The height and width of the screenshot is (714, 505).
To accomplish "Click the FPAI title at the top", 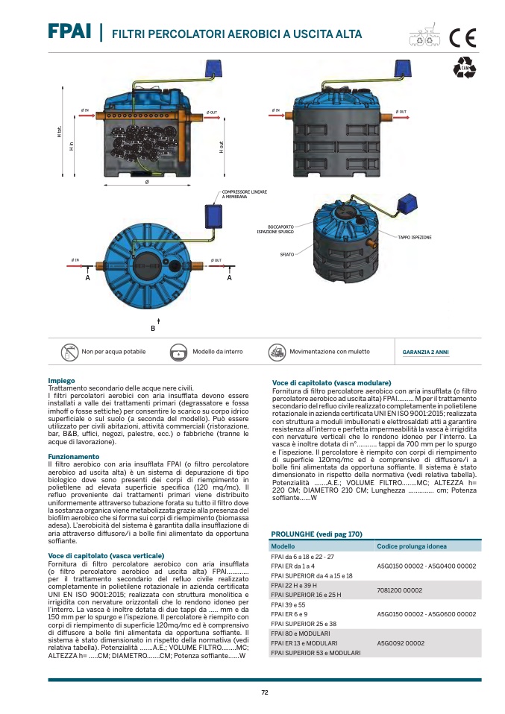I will coord(70,32).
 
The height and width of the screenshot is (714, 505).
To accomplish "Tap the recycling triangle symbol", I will coord(464,69).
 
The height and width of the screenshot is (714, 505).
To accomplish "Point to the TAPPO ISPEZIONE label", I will coord(414,237).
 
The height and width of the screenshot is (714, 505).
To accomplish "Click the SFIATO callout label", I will coord(286,254).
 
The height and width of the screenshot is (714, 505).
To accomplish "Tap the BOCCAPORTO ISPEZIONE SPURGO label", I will coord(276,230).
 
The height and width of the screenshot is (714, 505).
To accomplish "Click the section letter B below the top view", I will coord(153,328).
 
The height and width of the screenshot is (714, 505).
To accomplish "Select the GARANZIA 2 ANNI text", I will coord(426,352).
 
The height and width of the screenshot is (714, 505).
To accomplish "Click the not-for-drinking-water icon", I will coord(69,351).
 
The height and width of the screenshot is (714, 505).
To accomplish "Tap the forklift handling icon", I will coord(277,351).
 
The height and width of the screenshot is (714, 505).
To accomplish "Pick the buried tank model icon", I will coord(179,351).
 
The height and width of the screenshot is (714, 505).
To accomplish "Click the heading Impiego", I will coord(61,381).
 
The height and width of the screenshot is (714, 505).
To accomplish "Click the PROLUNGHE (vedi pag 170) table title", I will coord(316,534).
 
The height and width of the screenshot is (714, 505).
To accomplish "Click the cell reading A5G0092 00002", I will coord(401,642).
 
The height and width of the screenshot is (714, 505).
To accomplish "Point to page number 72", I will coord(264,693).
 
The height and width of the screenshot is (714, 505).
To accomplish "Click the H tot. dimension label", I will coord(59,133).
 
